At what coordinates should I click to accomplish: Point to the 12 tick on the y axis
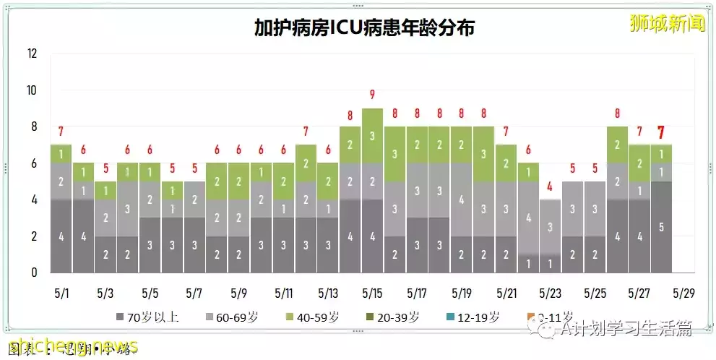coord(33,53)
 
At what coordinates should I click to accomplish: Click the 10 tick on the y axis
coord(33,90)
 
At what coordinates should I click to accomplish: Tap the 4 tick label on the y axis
coord(34,200)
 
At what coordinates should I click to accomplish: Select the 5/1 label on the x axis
coord(61,294)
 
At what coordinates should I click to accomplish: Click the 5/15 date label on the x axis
coord(372,294)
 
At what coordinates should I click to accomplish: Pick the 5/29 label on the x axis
coord(683,294)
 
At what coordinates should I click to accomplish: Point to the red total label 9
coord(372,95)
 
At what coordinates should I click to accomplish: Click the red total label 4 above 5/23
coord(550,187)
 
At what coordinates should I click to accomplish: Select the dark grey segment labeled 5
coord(662,226)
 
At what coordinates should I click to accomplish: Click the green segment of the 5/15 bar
coord(372,136)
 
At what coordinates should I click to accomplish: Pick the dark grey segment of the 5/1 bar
coord(61,236)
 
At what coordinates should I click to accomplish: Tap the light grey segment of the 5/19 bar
coord(461,200)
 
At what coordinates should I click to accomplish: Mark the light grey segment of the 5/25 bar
coord(595,209)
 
